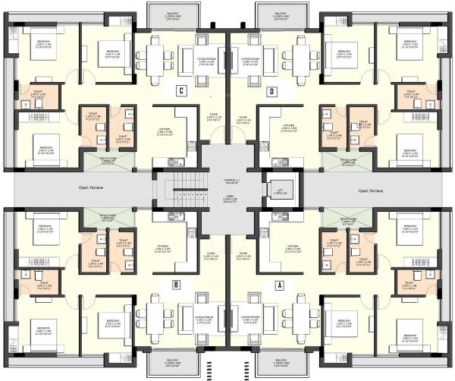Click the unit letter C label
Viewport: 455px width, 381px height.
180,92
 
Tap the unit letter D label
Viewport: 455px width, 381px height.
271,92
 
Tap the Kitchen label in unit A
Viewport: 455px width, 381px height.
290,247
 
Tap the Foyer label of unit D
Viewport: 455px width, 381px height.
244,119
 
